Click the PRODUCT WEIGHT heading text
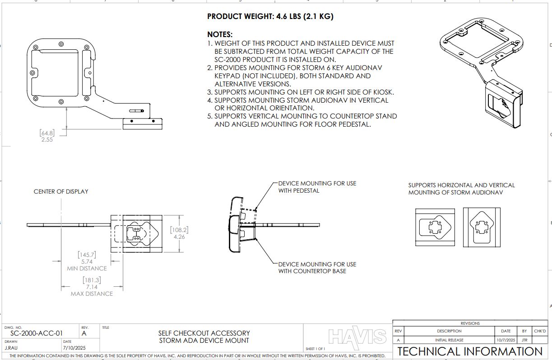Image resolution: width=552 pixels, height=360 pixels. (270, 17)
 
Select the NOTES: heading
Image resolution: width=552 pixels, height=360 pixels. (220, 34)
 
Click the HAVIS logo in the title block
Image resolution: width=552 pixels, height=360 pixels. (357, 337)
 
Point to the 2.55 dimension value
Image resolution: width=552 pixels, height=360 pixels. (47, 140)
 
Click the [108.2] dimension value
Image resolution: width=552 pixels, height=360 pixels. (179, 230)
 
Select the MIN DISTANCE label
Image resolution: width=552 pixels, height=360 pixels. (87, 268)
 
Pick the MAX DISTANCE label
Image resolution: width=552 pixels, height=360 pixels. (92, 294)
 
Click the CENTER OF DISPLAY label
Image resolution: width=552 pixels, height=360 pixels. (61, 191)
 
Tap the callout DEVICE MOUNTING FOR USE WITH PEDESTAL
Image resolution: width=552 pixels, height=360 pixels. (317, 187)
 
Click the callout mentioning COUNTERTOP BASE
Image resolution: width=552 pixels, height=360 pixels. (317, 268)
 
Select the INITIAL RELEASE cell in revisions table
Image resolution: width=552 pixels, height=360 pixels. (449, 340)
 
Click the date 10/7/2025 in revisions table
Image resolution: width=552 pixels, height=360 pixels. (506, 340)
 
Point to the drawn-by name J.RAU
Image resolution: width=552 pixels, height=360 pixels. (11, 348)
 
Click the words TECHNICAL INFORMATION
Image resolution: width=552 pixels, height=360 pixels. (470, 351)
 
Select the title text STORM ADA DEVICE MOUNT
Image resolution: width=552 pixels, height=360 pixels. (204, 341)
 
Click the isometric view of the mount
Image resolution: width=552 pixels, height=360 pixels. (482, 68)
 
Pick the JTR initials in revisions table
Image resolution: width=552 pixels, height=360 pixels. (524, 340)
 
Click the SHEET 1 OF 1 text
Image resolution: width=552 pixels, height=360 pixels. (315, 349)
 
